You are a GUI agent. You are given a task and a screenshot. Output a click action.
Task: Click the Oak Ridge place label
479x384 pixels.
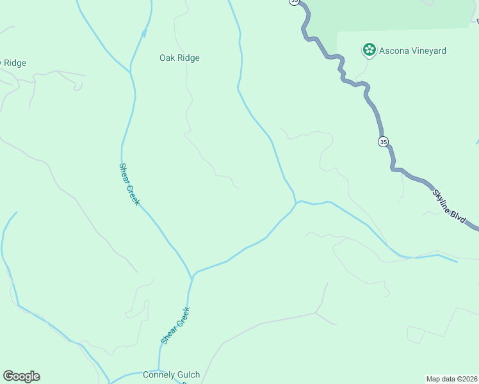click(179, 58)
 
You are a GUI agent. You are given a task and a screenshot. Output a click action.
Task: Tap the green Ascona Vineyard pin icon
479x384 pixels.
click(369, 50)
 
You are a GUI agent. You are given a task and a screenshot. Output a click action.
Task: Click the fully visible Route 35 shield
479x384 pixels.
click(383, 141)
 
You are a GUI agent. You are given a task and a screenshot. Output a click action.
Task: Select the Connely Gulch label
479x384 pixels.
click(171, 375)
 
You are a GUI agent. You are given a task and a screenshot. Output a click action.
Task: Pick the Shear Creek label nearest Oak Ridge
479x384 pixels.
click(129, 184)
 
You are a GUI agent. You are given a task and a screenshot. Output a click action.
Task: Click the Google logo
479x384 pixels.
click(21, 376)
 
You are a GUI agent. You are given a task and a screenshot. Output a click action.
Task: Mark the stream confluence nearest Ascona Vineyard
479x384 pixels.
click(296, 203)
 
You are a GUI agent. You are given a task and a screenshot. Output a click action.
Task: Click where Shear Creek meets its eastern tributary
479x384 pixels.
click(193, 276)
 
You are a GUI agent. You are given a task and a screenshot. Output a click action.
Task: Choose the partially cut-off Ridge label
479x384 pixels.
click(13, 63)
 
